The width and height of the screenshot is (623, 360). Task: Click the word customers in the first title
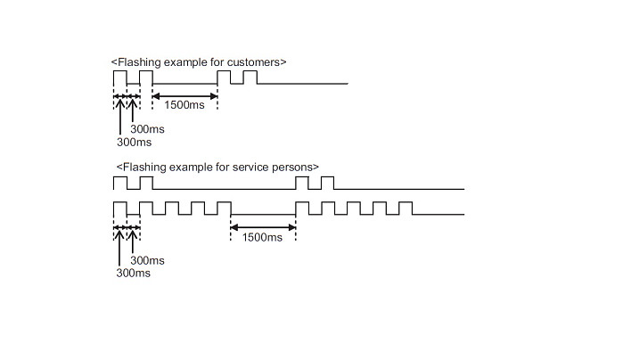(x=255, y=62)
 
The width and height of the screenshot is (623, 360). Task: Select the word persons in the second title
(x=294, y=167)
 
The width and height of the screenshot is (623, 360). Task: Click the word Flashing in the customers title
(x=139, y=62)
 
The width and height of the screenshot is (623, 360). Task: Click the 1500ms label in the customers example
(x=184, y=106)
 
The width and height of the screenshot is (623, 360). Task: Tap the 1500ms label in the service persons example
(x=263, y=238)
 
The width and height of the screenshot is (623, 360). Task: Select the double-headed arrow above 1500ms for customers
(x=184, y=94)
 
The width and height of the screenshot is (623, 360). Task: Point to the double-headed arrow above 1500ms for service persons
(x=263, y=226)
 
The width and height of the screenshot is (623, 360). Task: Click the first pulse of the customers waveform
(x=119, y=77)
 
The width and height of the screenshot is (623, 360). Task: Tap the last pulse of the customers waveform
(x=250, y=77)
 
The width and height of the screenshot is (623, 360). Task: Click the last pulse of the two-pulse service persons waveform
(x=327, y=183)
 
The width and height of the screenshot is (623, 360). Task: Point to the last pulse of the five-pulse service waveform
(x=406, y=209)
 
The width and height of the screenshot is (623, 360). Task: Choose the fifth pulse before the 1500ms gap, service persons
(x=224, y=209)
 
